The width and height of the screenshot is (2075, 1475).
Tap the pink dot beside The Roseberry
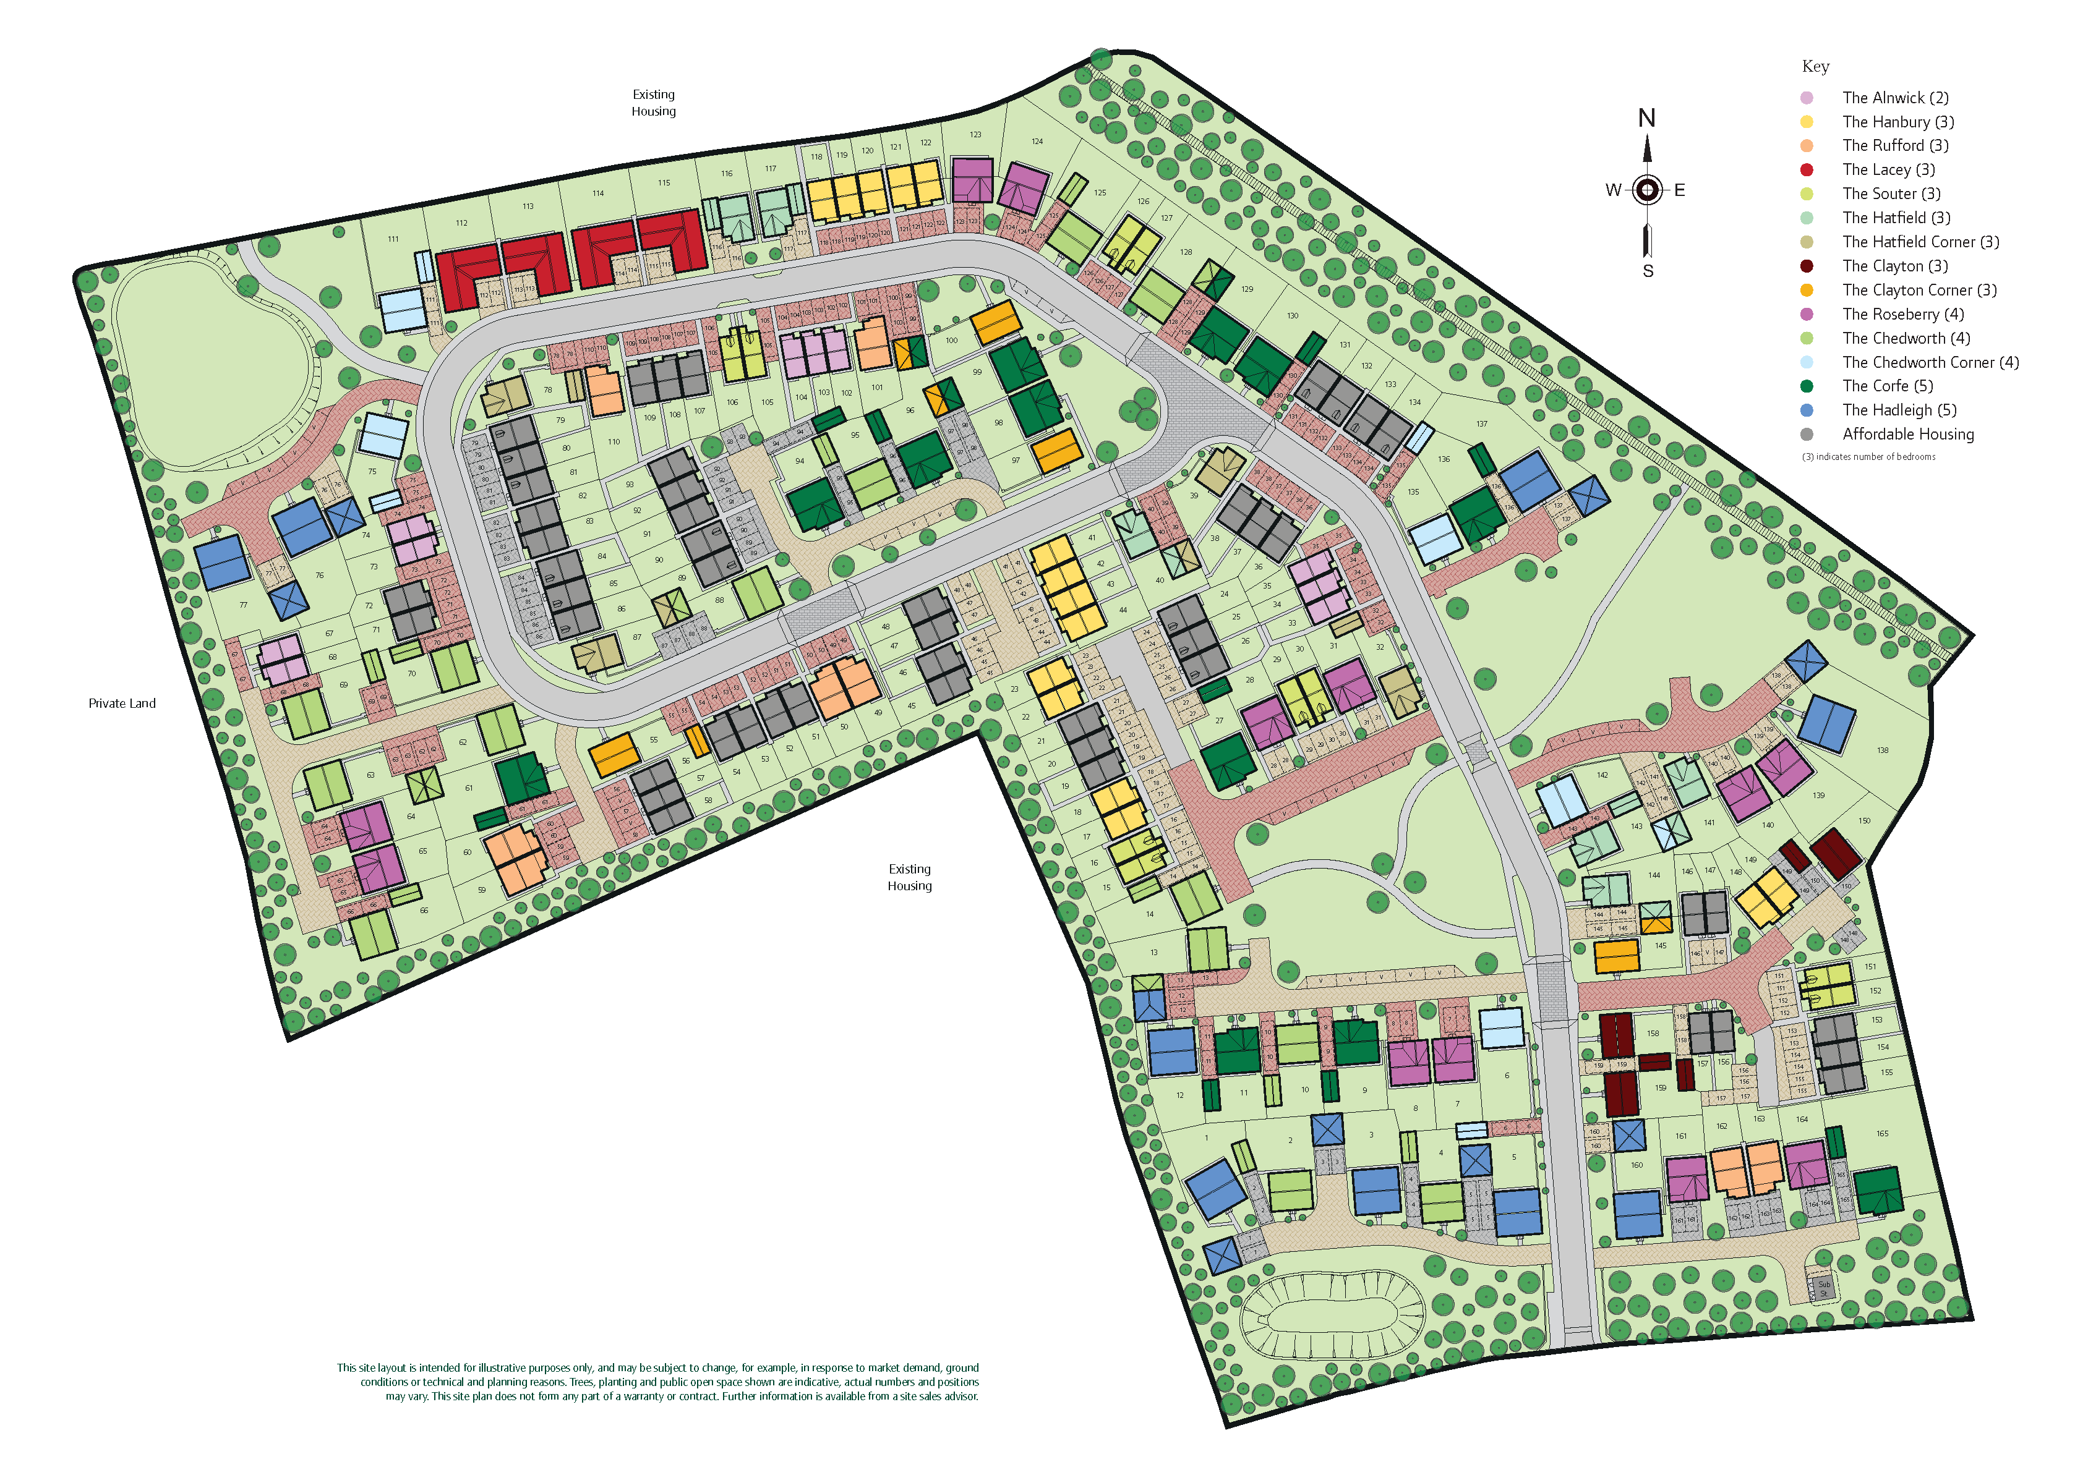pyautogui.click(x=1806, y=314)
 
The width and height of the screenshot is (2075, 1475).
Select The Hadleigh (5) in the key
pyautogui.click(x=1899, y=410)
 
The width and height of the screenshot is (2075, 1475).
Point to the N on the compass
pyautogui.click(x=1646, y=118)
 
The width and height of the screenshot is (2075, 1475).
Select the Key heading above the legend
pyautogui.click(x=1815, y=66)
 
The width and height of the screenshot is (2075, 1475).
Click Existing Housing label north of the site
pyautogui.click(x=653, y=103)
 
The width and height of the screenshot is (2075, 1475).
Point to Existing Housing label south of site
pyautogui.click(x=909, y=877)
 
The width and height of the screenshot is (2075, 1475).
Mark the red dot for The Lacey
pyautogui.click(x=1806, y=170)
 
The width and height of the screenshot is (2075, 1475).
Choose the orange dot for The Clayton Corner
pyautogui.click(x=1806, y=291)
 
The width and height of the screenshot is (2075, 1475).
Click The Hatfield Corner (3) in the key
pyautogui.click(x=1920, y=242)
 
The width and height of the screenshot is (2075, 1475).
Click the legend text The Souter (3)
pyautogui.click(x=1891, y=194)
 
